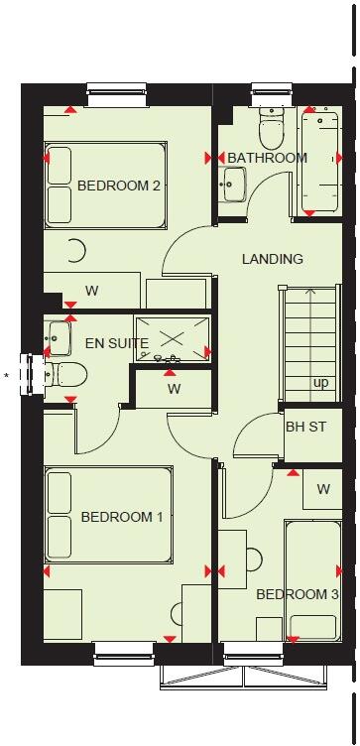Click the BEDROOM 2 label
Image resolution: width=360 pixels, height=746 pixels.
[119, 185]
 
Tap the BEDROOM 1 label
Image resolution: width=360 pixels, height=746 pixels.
[122, 517]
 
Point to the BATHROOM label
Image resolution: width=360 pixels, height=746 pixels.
[267, 158]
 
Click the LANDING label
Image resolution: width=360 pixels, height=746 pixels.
[273, 259]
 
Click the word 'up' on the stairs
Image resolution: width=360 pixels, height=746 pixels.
[321, 383]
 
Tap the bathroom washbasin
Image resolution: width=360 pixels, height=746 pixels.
[235, 183]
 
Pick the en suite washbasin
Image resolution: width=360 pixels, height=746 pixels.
[57, 337]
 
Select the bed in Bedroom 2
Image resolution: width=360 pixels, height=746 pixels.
[106, 186]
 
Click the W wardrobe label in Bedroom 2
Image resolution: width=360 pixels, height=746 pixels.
[91, 291]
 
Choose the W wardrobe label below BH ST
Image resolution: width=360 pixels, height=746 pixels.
[323, 489]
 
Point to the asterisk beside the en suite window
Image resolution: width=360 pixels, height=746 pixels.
[8, 375]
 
